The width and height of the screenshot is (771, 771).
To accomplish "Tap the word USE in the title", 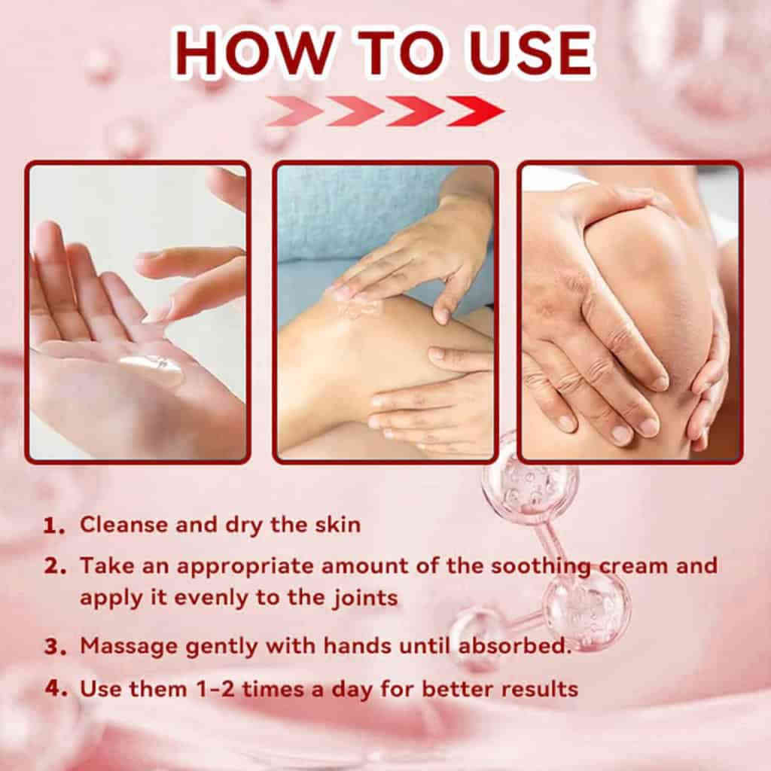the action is (531, 53).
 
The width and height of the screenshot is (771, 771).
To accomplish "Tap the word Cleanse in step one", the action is (123, 525).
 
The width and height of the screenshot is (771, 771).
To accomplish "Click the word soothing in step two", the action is (541, 567).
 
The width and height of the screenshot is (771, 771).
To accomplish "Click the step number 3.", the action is (53, 647).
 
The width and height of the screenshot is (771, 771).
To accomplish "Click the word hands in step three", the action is (358, 645).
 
